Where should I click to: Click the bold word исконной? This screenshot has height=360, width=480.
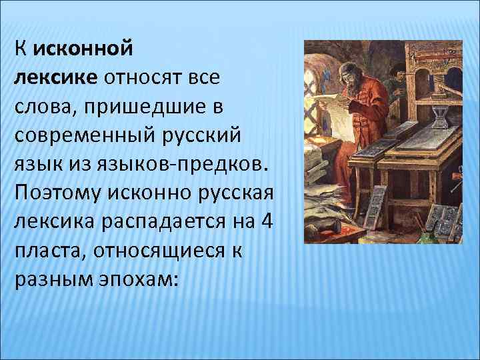pos(83,49)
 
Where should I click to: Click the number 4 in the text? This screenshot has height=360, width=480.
pos(265,221)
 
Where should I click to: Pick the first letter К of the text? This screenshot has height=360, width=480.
pos(20,49)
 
